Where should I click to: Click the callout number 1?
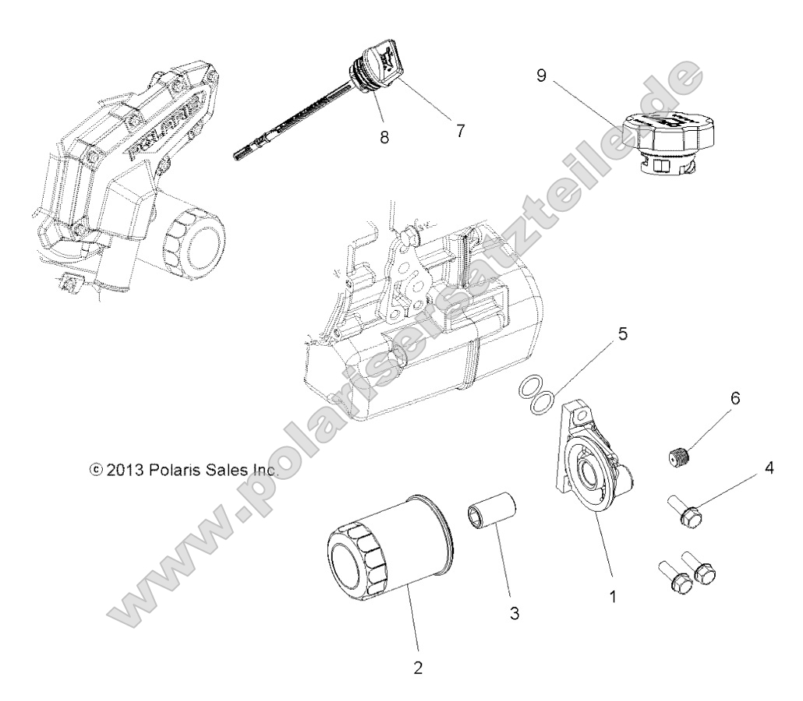pyautogui.click(x=613, y=599)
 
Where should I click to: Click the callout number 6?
pyautogui.click(x=734, y=399)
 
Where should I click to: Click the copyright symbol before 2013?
pyautogui.click(x=96, y=470)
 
